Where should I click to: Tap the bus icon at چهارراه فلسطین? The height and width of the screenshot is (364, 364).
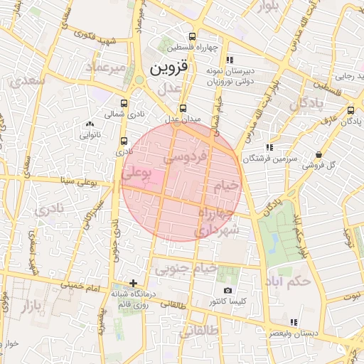[193, 37]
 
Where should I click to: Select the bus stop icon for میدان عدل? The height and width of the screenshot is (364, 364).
[184, 109]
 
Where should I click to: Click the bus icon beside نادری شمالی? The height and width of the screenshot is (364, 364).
[125, 103]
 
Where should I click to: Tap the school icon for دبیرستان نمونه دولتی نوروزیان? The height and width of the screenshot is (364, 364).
[229, 60]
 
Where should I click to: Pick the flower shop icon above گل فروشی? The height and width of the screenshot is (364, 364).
[318, 154]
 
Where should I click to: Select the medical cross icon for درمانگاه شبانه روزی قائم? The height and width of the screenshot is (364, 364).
[133, 283]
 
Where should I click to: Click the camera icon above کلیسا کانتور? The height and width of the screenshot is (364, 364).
[227, 290]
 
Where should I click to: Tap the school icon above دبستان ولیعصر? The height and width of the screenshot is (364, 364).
[294, 322]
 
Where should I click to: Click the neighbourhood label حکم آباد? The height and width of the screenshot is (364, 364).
[286, 282]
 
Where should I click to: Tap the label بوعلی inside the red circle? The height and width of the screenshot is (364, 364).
[136, 171]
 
